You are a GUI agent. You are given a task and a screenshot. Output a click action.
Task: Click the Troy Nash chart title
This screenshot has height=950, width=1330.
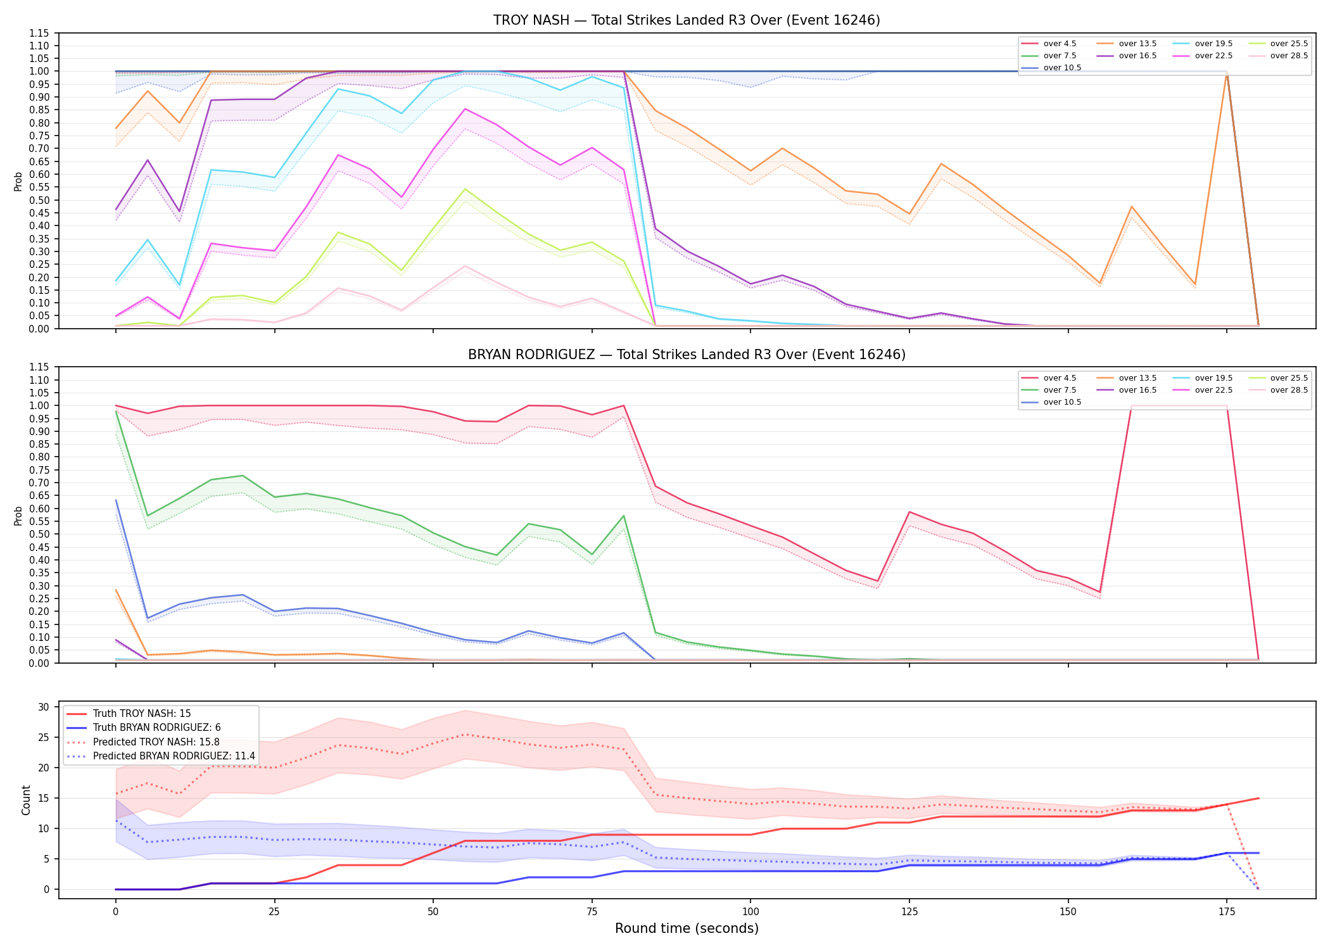[x=687, y=20]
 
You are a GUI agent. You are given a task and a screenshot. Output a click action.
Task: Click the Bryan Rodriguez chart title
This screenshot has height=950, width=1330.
[x=687, y=355]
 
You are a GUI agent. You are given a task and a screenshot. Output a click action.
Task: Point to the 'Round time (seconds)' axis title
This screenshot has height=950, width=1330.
[x=687, y=928]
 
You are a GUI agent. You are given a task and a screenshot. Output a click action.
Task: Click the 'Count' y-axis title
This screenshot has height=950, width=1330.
[x=26, y=800]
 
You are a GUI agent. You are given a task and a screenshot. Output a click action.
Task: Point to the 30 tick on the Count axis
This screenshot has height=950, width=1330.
[x=44, y=707]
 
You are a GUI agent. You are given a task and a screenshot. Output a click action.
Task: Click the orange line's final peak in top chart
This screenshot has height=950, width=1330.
[x=1227, y=72]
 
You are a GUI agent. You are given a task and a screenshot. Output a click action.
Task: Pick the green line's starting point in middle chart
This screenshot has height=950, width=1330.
[x=116, y=412]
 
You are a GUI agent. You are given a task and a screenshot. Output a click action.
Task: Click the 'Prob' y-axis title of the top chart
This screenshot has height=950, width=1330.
[x=18, y=181]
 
